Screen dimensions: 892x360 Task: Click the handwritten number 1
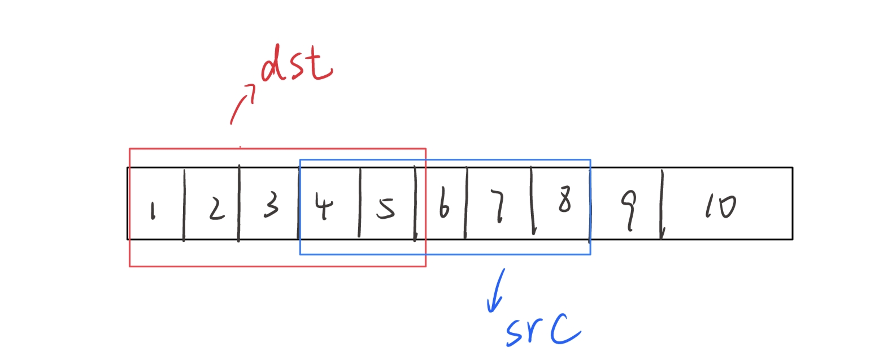[x=152, y=211]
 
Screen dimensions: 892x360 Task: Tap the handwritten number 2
[x=215, y=209]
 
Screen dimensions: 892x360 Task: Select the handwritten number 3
[x=271, y=205]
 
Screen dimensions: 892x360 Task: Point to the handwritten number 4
[x=324, y=206]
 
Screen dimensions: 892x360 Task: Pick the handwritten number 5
[x=386, y=207]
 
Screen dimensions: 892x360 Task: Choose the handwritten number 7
[x=499, y=207]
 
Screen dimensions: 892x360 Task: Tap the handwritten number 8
[x=564, y=199]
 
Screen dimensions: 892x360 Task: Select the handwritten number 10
[x=720, y=207]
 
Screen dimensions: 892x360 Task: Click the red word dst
[x=296, y=63]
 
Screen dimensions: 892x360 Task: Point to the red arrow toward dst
[x=243, y=102]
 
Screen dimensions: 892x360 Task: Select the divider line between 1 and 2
[x=184, y=205]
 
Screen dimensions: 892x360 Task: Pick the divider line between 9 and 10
[x=662, y=205]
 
